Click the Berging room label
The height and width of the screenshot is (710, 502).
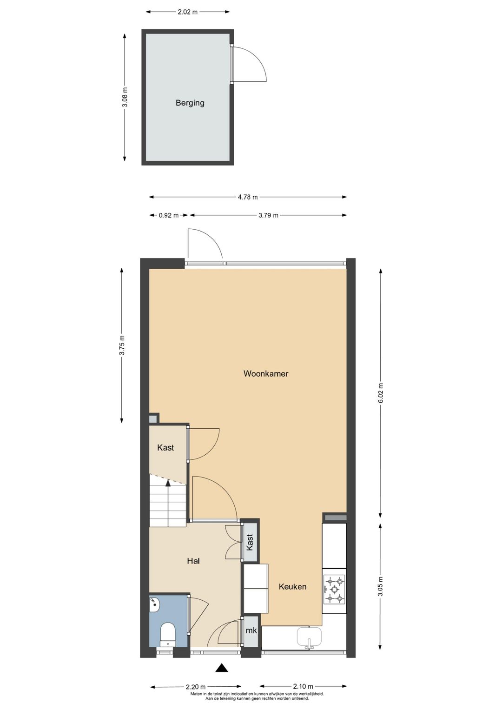190,103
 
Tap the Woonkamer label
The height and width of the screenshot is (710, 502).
266,373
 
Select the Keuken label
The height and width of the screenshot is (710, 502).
292,587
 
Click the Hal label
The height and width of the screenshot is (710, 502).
193,561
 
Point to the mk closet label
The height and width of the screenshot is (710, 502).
251,631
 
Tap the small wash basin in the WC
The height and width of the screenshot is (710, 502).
154,605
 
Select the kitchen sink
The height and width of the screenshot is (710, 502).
309,637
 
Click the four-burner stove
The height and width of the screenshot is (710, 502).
335,590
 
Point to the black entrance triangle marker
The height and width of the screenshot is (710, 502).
222,668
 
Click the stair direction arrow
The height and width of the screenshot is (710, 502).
168,483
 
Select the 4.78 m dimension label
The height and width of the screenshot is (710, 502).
248,197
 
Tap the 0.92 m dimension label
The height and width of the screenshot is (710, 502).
168,215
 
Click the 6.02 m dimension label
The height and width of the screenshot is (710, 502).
381,393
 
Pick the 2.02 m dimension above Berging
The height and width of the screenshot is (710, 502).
187,12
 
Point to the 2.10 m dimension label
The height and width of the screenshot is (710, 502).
303,686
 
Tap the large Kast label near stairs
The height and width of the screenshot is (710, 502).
165,448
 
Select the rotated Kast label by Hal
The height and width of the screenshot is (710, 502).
250,542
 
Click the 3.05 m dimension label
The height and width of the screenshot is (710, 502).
381,586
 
